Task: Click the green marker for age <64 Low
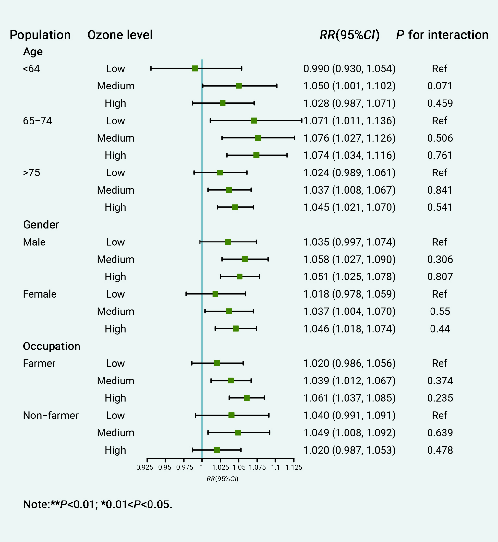coord(195,68)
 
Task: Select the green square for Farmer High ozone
coord(247,398)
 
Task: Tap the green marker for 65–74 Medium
coord(258,138)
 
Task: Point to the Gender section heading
coord(41,225)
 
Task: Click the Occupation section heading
coord(52,346)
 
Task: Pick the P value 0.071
coord(440,86)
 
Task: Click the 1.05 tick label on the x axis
coord(239,467)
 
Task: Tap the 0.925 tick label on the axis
coord(145,467)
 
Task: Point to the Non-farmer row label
coord(51,415)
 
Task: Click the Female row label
coord(40,294)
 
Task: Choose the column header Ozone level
coord(120,35)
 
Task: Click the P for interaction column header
coord(442,35)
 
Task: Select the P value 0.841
coord(440,190)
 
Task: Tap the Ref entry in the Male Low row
coord(440,242)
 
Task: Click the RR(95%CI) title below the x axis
coord(223,479)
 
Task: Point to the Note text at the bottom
coord(98,504)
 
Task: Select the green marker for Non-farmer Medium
coord(238,432)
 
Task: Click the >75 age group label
coord(31,173)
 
